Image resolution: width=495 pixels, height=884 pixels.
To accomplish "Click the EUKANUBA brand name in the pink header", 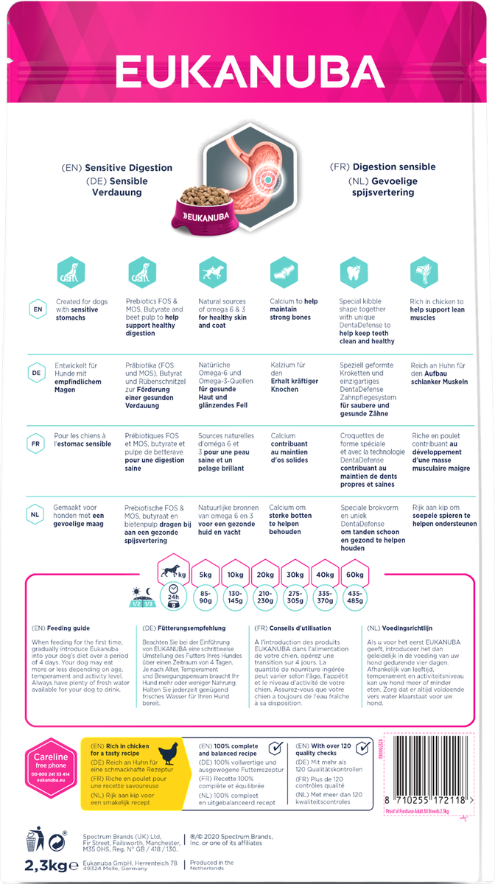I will click(x=248, y=75).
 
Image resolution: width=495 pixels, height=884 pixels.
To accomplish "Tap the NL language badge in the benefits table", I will click(x=36, y=514).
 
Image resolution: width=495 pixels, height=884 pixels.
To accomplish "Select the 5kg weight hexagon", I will click(x=206, y=575).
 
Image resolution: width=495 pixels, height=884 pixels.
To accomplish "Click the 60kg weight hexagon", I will click(x=354, y=575).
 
